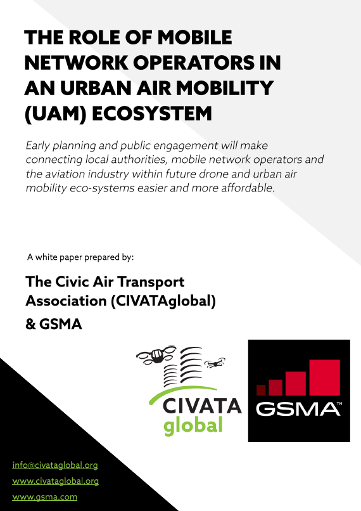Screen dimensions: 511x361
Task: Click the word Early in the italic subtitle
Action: tap(39, 145)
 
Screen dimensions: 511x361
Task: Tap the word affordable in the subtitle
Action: tap(243, 188)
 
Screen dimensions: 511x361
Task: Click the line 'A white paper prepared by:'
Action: tap(80, 257)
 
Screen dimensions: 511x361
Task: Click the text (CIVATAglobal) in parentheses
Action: tap(163, 302)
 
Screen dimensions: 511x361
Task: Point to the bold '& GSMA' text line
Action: tap(54, 325)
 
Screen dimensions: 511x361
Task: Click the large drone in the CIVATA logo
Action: tap(154, 359)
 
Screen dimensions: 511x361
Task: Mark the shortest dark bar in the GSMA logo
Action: tap(260, 390)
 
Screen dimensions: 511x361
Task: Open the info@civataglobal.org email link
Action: tap(55, 465)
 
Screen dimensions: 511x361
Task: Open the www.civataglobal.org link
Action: tap(56, 481)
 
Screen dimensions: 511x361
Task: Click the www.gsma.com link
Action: tap(45, 496)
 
